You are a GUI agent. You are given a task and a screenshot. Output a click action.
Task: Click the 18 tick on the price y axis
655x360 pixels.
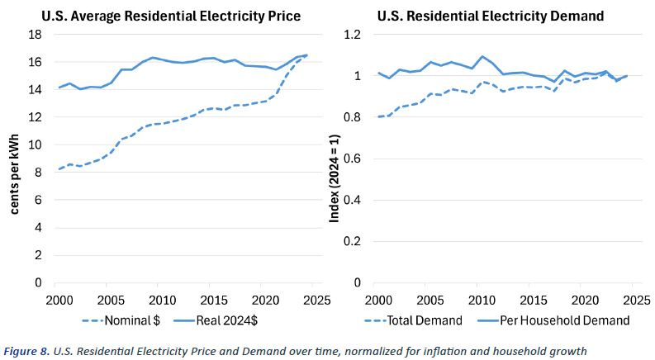tap(36, 35)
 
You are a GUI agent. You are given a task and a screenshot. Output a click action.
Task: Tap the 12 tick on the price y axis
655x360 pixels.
tap(36, 117)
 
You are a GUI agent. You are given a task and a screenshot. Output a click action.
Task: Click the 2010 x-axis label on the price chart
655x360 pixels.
tap(161, 298)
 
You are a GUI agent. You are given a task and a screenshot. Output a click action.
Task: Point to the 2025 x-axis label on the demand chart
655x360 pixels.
tap(638, 298)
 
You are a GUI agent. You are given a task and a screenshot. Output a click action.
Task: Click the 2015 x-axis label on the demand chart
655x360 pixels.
tap(533, 298)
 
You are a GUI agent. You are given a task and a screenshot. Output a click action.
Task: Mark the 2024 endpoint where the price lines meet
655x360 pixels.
tap(306, 55)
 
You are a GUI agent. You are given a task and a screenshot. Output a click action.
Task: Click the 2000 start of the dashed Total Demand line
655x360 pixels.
tap(377, 116)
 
